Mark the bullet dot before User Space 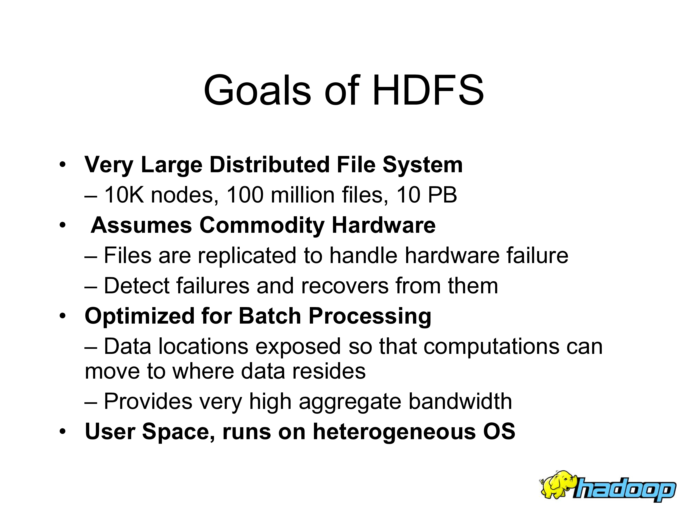point(63,431)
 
